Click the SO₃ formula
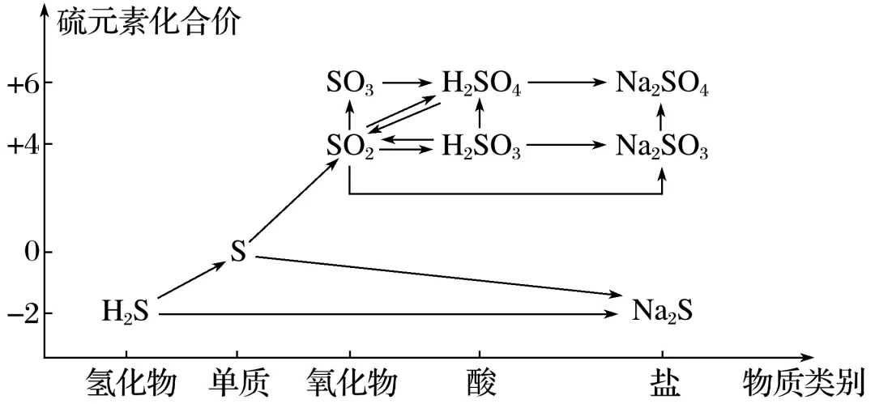tap(350, 83)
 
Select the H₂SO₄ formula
tap(480, 83)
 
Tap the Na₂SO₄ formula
tap(662, 83)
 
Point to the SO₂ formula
tap(350, 147)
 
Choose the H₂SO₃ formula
tap(480, 147)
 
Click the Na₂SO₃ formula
tap(662, 147)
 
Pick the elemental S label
tap(237, 253)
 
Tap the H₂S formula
tap(126, 312)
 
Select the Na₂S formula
tap(662, 312)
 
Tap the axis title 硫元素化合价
tap(148, 22)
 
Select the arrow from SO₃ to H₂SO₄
tap(409, 83)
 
